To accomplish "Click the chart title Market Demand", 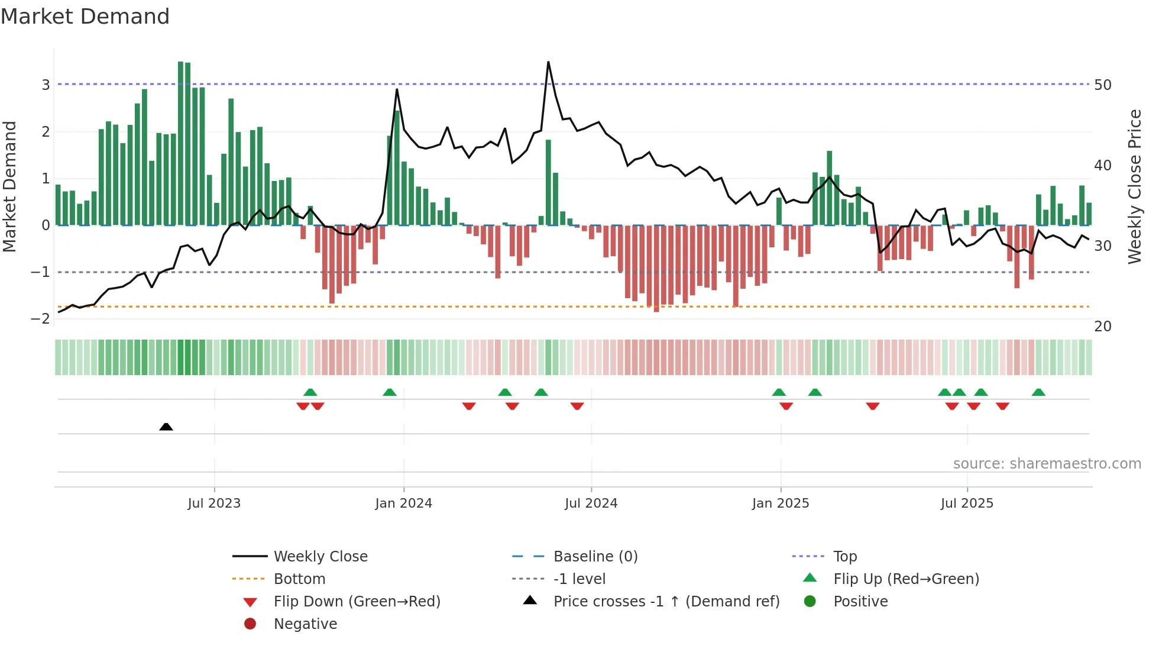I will (85, 17).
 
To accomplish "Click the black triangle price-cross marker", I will (166, 427).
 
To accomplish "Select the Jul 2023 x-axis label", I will (214, 503).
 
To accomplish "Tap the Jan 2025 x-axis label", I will (781, 503).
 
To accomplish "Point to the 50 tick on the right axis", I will (1102, 85).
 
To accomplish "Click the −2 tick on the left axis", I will (40, 319).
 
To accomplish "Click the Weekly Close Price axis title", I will (1134, 186).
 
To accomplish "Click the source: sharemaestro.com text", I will (1047, 464).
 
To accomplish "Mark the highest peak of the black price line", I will (548, 62).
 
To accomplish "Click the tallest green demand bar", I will (181, 142).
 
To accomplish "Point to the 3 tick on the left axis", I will (46, 85).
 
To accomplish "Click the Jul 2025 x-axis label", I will (967, 503).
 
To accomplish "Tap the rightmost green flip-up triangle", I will (1038, 392).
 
